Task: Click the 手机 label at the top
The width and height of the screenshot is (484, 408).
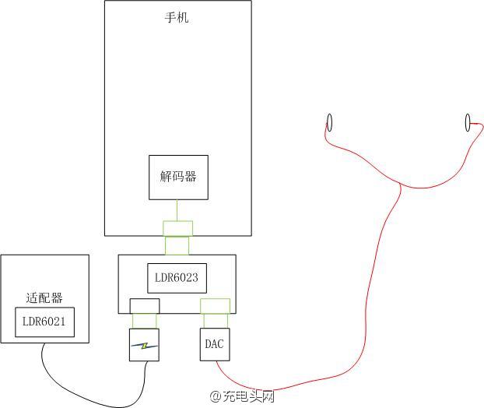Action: click(x=177, y=18)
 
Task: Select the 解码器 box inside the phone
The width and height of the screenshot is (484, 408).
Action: click(x=178, y=177)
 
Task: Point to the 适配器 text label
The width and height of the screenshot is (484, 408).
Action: click(x=44, y=297)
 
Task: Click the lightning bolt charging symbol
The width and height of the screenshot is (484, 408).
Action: click(x=145, y=345)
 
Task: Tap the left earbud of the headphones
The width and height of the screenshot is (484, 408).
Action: click(x=329, y=122)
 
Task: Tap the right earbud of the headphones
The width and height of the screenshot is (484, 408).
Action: click(x=468, y=121)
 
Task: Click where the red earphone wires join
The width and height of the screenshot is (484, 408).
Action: click(x=401, y=185)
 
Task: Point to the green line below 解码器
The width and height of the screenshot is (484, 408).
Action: click(x=178, y=210)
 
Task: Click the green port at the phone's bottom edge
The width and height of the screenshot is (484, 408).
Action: click(x=177, y=228)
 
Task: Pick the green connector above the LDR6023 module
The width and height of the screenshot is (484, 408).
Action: click(x=177, y=245)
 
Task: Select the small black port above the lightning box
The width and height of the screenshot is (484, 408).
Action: click(x=145, y=305)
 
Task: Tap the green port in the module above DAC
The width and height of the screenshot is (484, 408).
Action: click(x=215, y=305)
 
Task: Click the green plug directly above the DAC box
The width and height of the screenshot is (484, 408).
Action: click(x=215, y=321)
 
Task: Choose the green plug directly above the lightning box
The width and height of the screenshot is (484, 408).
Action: click(x=145, y=321)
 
